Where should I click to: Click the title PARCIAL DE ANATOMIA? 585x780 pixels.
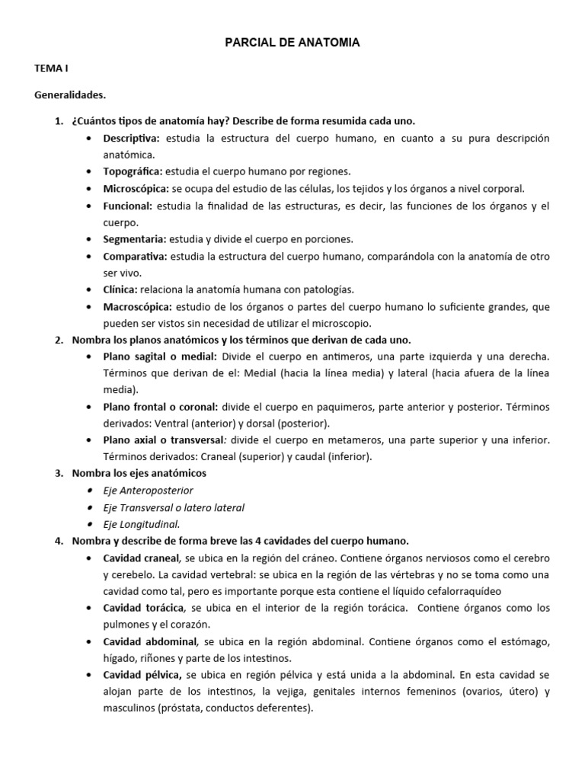click(292, 43)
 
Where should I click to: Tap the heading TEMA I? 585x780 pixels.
click(51, 69)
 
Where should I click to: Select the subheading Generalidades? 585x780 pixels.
click(70, 95)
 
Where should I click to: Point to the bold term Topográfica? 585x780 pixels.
click(133, 171)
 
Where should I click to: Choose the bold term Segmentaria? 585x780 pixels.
click(135, 239)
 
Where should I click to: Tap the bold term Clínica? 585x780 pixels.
click(120, 289)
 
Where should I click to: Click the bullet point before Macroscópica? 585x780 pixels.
click(91, 306)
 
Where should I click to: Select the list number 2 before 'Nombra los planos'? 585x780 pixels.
click(59, 340)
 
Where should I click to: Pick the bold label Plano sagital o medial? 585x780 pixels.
click(160, 356)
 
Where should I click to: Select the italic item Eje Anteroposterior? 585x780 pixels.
click(148, 491)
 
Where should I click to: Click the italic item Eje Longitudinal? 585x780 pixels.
click(142, 524)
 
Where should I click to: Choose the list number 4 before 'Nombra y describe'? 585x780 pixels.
click(59, 541)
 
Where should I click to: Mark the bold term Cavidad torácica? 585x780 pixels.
click(144, 608)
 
